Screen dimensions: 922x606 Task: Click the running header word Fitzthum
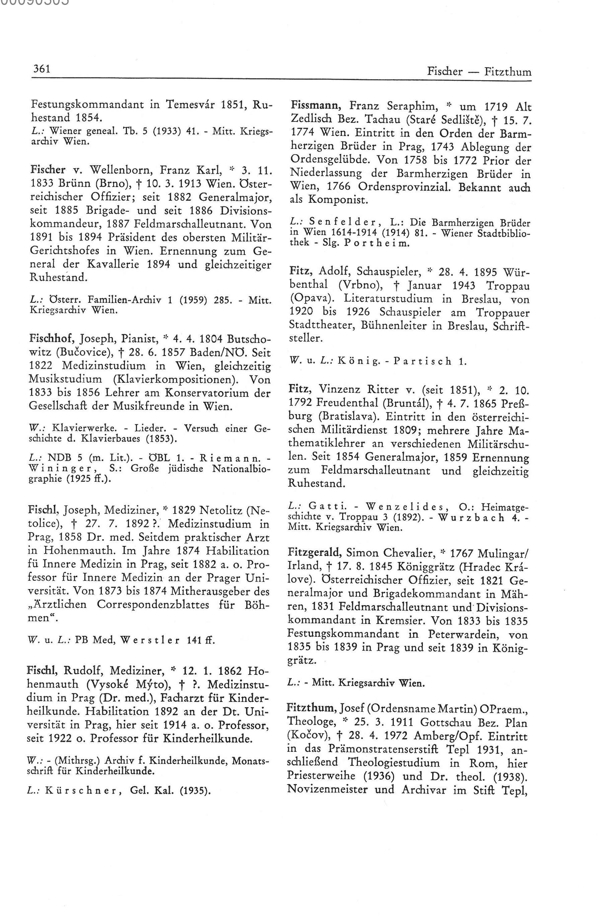[508, 72]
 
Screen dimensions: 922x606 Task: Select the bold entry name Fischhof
[53, 339]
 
